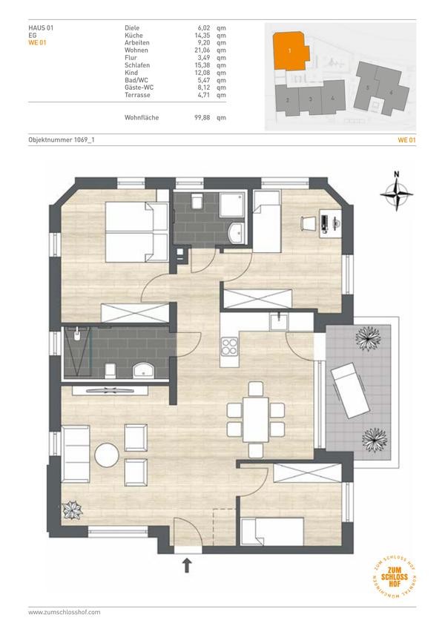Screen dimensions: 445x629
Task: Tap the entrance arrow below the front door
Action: [187, 566]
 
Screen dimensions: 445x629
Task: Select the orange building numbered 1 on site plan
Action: [291, 51]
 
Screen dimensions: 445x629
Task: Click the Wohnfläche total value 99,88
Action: [202, 117]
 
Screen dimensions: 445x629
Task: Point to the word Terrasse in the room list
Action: [137, 95]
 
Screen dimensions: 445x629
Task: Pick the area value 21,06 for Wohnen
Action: [202, 50]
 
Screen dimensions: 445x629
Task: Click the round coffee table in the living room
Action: [107, 455]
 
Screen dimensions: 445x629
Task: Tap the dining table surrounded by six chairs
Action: [256, 420]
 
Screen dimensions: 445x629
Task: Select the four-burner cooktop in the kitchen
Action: [229, 347]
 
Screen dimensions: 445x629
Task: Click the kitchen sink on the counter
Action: [279, 322]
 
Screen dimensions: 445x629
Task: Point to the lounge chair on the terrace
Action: [350, 390]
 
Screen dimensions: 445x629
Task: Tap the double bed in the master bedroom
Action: [136, 232]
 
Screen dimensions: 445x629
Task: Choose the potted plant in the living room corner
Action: [73, 510]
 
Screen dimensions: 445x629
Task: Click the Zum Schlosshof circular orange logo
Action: [394, 577]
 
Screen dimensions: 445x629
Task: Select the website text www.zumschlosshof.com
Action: [65, 612]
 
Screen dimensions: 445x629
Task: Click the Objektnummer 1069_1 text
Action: [62, 139]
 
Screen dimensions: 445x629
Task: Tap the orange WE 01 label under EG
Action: [37, 42]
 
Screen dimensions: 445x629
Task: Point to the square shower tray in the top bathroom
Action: [232, 205]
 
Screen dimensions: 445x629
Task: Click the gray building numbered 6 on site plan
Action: [392, 92]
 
